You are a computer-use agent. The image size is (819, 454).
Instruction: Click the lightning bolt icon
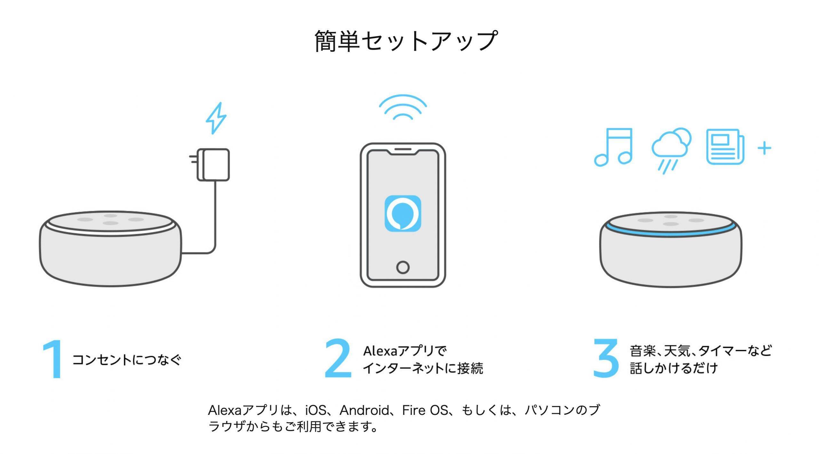tap(216, 118)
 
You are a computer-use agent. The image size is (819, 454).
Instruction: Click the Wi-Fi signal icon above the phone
tap(403, 107)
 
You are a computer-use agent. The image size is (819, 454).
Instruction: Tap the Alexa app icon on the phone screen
tap(403, 213)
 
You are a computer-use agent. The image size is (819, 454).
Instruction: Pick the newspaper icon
tap(725, 147)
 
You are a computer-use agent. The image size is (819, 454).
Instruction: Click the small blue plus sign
tap(764, 148)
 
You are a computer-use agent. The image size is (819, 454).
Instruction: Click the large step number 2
tap(338, 359)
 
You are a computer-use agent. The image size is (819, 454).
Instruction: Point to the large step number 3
tap(606, 359)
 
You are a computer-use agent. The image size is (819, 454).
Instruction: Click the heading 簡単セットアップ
tap(406, 41)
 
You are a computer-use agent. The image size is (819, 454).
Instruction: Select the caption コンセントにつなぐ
tap(127, 360)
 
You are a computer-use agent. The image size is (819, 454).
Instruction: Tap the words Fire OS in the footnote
tap(425, 410)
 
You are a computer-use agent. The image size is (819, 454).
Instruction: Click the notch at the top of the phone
tap(403, 151)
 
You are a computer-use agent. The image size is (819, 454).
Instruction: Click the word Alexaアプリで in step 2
tap(404, 351)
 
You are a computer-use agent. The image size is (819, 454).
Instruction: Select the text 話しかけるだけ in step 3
tap(674, 368)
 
